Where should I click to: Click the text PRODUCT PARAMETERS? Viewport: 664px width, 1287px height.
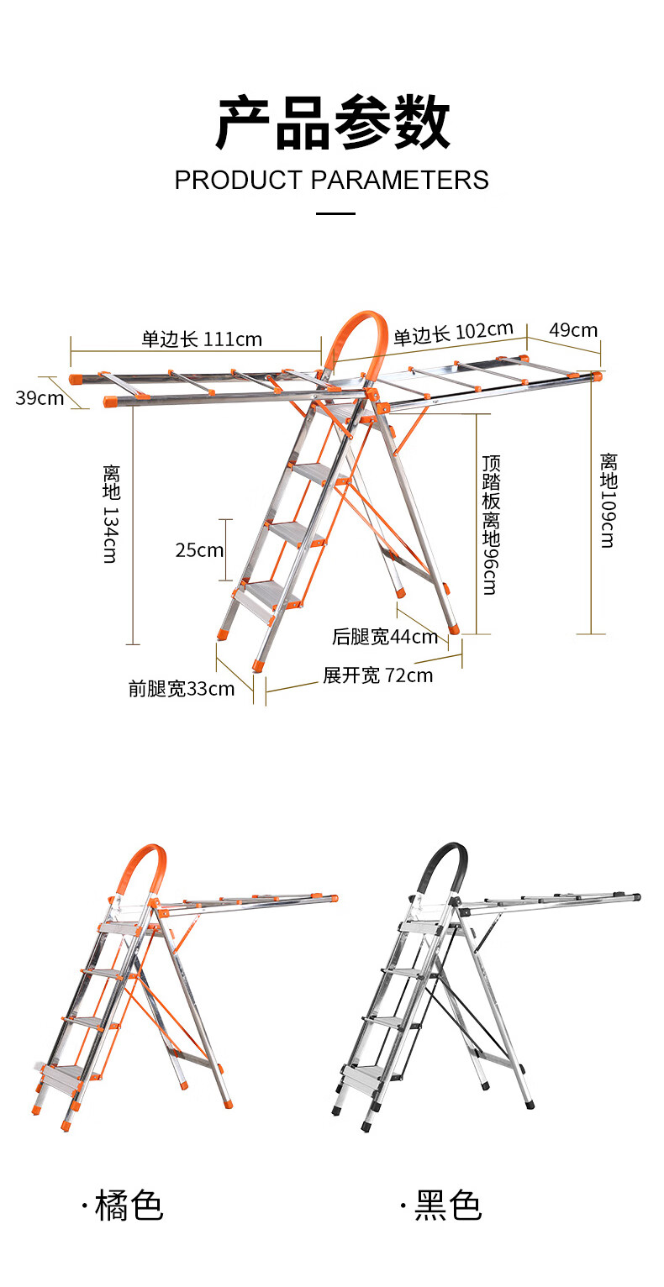click(x=331, y=180)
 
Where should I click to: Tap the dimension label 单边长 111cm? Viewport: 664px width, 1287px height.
click(x=202, y=339)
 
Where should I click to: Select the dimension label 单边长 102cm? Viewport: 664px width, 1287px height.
click(x=453, y=334)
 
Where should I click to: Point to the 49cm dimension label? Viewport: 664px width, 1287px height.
click(x=573, y=329)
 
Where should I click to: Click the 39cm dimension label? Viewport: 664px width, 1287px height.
click(x=40, y=397)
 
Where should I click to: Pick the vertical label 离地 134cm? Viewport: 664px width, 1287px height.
click(x=111, y=512)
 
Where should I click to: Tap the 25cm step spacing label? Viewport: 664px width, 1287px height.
click(x=199, y=550)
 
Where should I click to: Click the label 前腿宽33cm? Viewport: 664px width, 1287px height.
click(x=181, y=689)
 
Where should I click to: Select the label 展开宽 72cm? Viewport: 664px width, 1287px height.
click(x=378, y=675)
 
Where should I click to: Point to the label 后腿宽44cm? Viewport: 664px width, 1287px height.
click(x=385, y=637)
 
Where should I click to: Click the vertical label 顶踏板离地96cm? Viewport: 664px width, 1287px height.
click(x=490, y=525)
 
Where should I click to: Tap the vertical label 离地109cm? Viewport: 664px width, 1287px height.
click(x=608, y=501)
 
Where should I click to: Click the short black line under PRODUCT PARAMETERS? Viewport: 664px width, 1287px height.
click(x=335, y=213)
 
